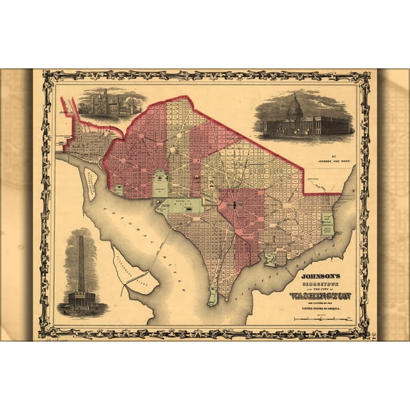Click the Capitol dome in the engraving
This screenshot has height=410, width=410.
pyautogui.click(x=294, y=108)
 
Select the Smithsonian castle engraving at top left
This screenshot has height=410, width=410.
pyautogui.click(x=107, y=103)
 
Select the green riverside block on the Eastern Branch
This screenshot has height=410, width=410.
pyautogui.click(x=270, y=260)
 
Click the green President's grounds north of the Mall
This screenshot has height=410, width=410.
pyautogui.click(x=161, y=184)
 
